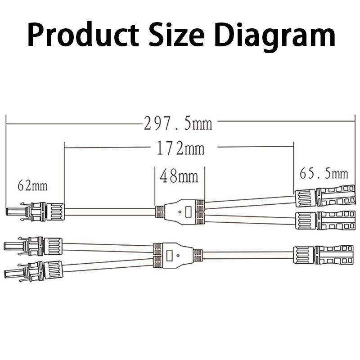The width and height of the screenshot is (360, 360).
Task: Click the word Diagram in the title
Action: click(x=277, y=34)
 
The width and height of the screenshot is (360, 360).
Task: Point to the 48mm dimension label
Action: click(x=179, y=176)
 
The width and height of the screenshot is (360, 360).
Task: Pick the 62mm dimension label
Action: click(x=32, y=184)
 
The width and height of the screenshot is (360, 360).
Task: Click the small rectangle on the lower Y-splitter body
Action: click(x=170, y=255)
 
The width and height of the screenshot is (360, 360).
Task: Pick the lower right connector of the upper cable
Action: click(x=324, y=221)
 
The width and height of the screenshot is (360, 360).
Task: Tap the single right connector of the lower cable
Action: click(x=324, y=255)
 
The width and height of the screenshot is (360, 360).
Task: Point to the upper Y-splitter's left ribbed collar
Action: click(x=159, y=211)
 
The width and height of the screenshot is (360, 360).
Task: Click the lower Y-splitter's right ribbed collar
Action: click(x=197, y=255)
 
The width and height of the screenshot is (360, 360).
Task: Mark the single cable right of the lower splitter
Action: click(x=247, y=255)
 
